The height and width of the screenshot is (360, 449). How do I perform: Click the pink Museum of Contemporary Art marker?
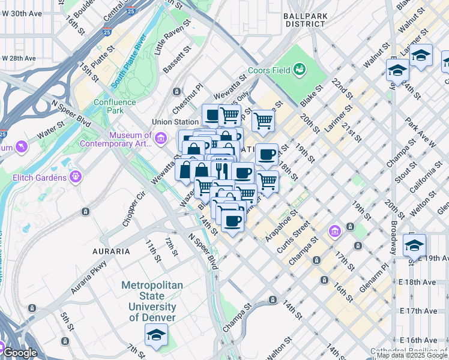(160, 140)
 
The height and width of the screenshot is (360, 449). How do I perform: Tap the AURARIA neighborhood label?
(110, 251)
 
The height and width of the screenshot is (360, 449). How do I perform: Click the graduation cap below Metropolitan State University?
(156, 337)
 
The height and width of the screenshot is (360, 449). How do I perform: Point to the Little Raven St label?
(172, 37)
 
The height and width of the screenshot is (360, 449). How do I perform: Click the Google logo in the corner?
(20, 353)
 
